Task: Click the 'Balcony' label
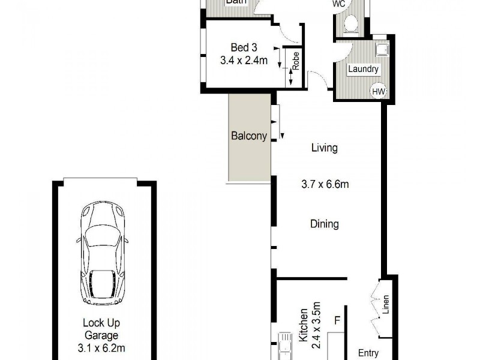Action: pyautogui.click(x=248, y=136)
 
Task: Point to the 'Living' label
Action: pyautogui.click(x=324, y=148)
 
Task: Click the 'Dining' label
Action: pyautogui.click(x=324, y=224)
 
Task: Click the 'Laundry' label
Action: pyautogui.click(x=364, y=70)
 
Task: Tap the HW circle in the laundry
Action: pyautogui.click(x=378, y=91)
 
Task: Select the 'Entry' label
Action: pyautogui.click(x=368, y=352)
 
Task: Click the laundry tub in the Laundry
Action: pyautogui.click(x=382, y=49)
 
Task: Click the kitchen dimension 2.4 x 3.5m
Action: pyautogui.click(x=317, y=329)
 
